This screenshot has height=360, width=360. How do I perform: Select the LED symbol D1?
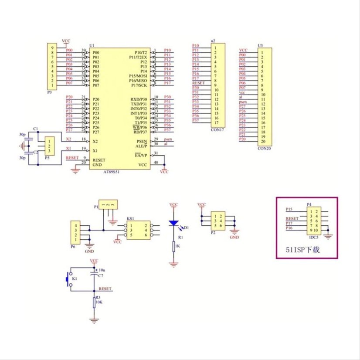pos(173,223)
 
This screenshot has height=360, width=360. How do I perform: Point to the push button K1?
pos(68,279)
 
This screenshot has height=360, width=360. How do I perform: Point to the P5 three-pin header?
pos(51,146)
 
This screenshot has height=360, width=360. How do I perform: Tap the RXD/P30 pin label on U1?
pos(139,99)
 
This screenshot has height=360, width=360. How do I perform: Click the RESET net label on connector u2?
pos(198,82)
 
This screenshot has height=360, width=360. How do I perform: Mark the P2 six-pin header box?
pos(217,221)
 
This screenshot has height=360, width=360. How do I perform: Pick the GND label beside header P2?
pos(234,238)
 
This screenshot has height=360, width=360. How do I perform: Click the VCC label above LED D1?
pos(173,204)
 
